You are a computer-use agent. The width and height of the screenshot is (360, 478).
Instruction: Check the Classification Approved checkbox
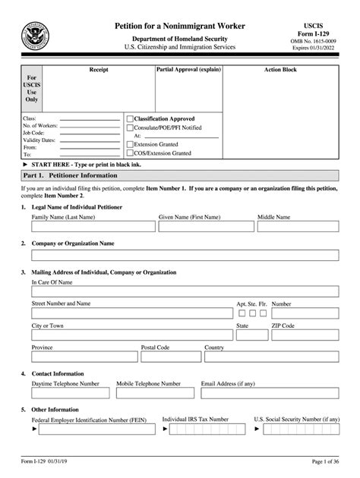click(x=130, y=119)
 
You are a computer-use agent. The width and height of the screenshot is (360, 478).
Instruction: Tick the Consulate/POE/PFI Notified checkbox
click(x=130, y=127)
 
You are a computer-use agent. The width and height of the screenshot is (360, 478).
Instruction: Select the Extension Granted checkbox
click(x=130, y=144)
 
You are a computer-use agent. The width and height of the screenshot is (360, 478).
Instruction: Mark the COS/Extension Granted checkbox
click(x=130, y=153)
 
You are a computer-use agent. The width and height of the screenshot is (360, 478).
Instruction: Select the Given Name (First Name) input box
click(x=205, y=226)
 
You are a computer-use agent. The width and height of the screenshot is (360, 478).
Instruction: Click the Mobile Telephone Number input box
click(x=156, y=394)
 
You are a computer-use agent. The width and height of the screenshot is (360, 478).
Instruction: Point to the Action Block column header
click(x=280, y=70)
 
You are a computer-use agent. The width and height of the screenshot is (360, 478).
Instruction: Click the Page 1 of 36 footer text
click(x=329, y=462)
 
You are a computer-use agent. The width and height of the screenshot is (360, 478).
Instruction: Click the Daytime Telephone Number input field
click(x=70, y=394)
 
